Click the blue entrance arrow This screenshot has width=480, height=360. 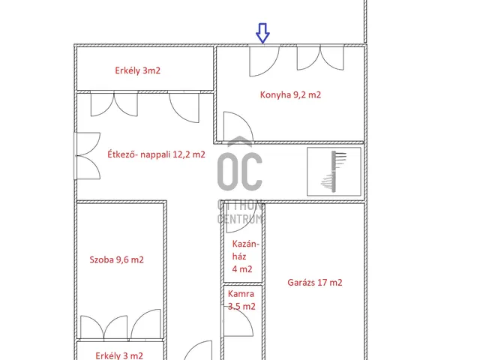(262, 33)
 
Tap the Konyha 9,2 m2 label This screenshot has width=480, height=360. (290, 94)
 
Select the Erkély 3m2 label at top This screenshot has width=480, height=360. (137, 70)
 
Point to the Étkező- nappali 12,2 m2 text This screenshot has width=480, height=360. (156, 154)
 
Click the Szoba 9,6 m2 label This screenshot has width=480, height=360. (116, 259)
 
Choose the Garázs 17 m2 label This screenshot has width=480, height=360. (315, 282)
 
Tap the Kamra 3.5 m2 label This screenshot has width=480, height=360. (241, 300)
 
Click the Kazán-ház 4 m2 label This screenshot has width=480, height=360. (245, 256)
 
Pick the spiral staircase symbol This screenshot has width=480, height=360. (334, 172)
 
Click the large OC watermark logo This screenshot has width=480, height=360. (240, 172)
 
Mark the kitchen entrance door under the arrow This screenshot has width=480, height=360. (264, 61)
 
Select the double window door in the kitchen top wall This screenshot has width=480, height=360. (320, 58)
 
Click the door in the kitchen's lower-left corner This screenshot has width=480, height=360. (238, 126)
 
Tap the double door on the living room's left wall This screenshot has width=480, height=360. (88, 155)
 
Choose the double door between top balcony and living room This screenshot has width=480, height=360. (114, 104)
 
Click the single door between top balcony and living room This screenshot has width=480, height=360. (184, 107)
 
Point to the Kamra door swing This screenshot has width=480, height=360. (238, 322)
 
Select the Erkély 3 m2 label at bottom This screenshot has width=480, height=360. (119, 355)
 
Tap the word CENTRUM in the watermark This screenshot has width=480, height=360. (240, 218)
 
